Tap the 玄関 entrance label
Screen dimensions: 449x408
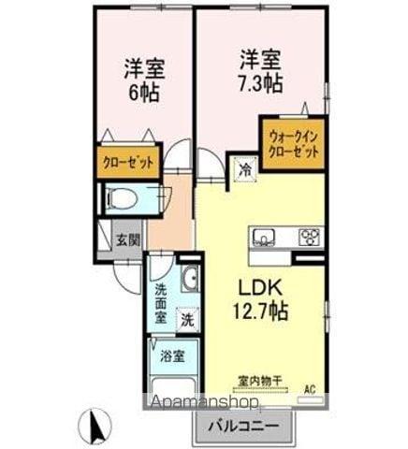(128, 239)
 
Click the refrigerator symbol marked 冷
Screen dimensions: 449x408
(243, 170)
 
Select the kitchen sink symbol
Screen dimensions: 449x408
(263, 235)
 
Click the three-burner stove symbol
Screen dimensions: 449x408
(309, 235)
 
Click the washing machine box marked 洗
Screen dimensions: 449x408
(187, 319)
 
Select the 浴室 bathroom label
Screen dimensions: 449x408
(170, 355)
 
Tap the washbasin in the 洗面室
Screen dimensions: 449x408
(189, 278)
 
